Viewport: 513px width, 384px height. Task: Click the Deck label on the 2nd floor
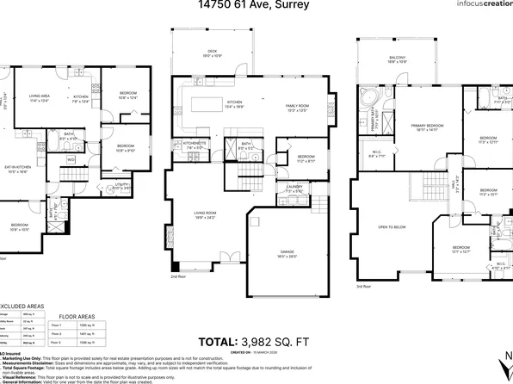point(212,53)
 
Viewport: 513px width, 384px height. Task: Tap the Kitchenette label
point(189,145)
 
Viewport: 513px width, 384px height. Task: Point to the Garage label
point(287,253)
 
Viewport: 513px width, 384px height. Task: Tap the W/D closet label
point(71,159)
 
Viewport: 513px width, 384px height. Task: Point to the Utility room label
point(121,185)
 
